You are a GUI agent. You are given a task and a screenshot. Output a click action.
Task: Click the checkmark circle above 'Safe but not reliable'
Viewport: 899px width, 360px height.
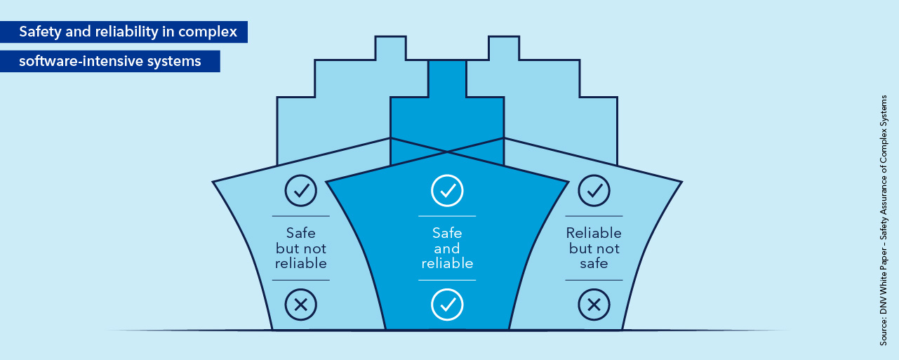pyautogui.click(x=300, y=190)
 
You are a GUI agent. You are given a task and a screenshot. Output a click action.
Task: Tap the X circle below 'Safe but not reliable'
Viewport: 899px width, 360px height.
pyautogui.click(x=300, y=305)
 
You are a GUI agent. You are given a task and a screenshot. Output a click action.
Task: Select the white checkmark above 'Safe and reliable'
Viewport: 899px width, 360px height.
pyautogui.click(x=447, y=190)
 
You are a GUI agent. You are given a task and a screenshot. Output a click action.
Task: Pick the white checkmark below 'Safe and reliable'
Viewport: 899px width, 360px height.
pyautogui.click(x=447, y=305)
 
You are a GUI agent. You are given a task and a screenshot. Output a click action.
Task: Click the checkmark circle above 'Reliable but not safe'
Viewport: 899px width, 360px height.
pyautogui.click(x=594, y=190)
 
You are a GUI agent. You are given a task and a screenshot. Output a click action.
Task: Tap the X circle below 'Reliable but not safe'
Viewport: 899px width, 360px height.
pyautogui.click(x=594, y=305)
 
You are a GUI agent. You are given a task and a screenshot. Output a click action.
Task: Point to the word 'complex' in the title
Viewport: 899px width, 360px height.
pyautogui.click(x=213, y=32)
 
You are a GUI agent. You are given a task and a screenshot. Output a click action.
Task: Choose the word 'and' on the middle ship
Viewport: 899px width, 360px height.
pyautogui.click(x=447, y=249)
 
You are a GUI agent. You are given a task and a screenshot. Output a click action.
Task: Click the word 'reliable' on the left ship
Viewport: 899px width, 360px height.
pyautogui.click(x=300, y=264)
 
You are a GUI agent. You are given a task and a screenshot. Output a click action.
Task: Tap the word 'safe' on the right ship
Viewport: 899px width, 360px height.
pyautogui.click(x=594, y=264)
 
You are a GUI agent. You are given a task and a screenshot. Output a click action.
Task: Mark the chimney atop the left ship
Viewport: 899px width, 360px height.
pyautogui.click(x=390, y=48)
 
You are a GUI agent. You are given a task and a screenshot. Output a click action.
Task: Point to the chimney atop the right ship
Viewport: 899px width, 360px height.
pyautogui.click(x=504, y=48)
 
